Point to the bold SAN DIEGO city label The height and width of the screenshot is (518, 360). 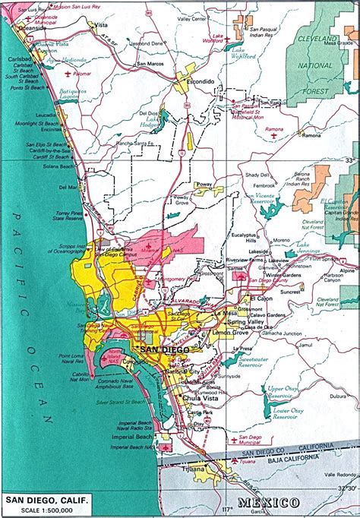pos(161,349)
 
